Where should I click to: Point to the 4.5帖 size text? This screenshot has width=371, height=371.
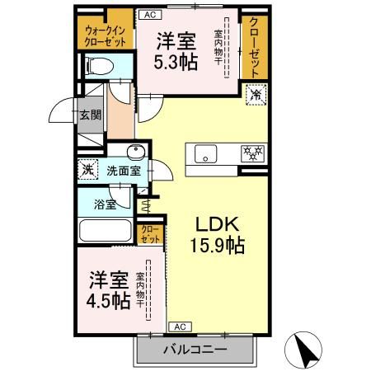(x=108, y=301)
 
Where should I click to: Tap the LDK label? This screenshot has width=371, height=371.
(x=218, y=223)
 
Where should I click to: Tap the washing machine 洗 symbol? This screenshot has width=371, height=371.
(x=87, y=170)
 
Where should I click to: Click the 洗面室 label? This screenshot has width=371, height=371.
(x=124, y=171)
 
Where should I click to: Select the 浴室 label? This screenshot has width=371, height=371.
(x=104, y=202)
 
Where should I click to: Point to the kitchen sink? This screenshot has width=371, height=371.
(x=204, y=153)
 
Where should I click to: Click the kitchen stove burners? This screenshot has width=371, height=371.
(x=251, y=153)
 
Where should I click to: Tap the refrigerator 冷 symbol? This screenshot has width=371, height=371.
(x=256, y=96)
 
